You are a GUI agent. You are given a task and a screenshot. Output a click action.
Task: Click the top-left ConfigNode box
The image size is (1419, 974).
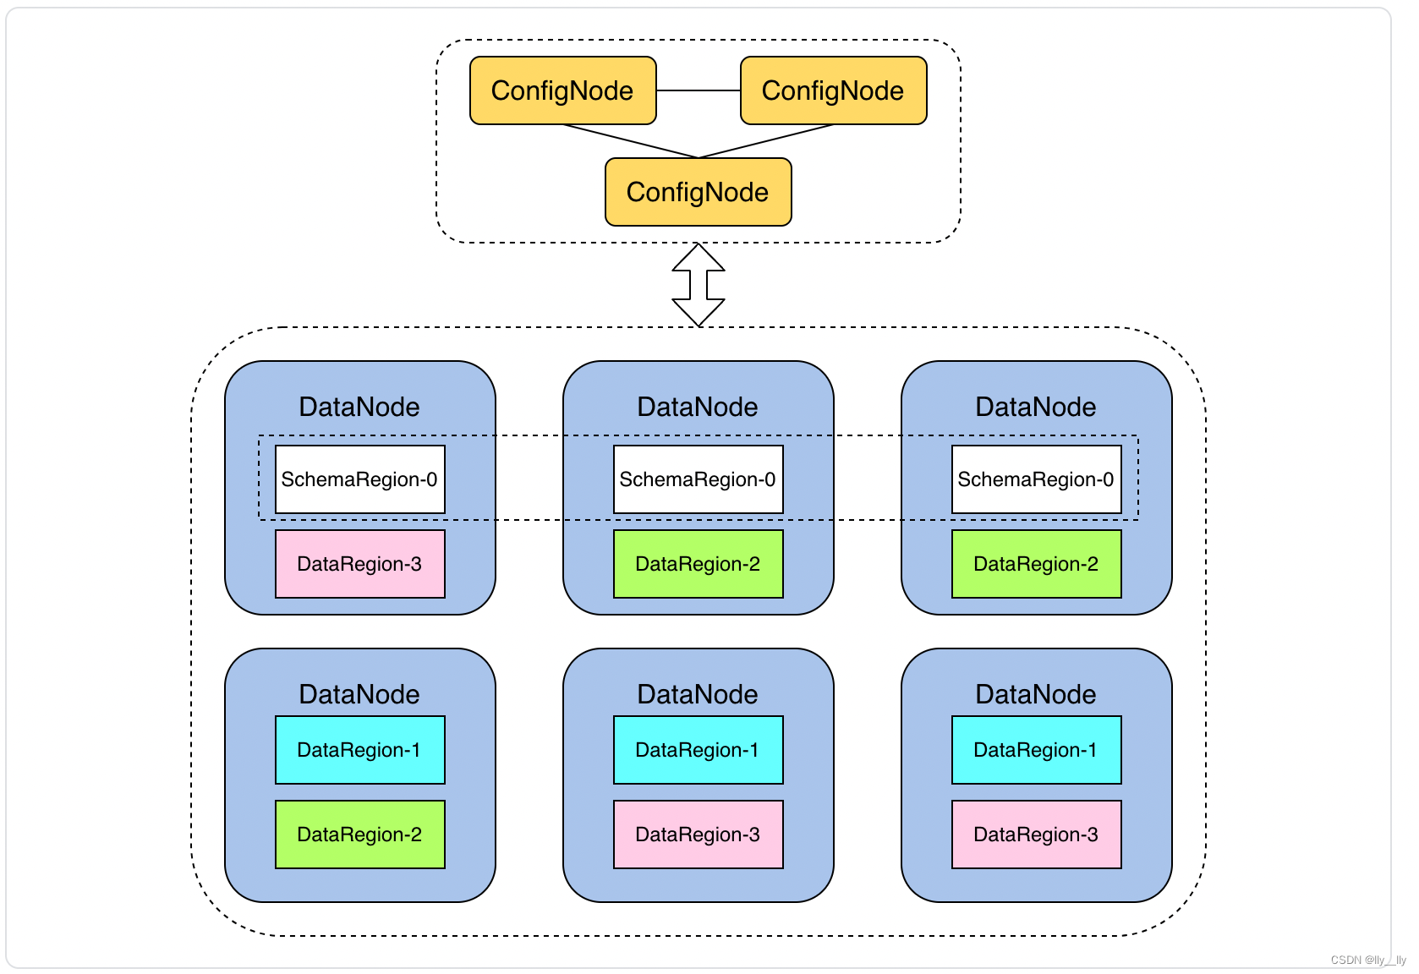coord(562,90)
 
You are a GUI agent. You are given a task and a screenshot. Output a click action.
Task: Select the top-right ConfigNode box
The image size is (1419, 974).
coord(833,90)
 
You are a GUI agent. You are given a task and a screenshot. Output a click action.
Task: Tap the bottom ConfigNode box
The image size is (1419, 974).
coord(698,192)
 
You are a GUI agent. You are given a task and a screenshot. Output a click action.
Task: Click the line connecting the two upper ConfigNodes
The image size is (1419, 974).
coord(698,90)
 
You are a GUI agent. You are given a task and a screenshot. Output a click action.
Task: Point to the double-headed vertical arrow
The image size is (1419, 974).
coord(699,285)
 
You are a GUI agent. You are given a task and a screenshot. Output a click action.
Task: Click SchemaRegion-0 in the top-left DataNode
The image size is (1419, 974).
coord(359,479)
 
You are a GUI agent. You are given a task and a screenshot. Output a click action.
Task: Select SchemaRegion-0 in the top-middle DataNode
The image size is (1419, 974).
coord(698,479)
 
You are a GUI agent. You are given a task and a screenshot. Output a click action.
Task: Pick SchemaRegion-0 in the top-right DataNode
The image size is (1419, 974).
coord(1036,479)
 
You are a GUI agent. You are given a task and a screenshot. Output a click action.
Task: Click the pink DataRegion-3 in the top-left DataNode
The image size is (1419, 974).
coord(359,564)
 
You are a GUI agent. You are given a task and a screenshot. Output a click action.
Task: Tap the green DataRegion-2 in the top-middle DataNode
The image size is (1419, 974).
coord(698,564)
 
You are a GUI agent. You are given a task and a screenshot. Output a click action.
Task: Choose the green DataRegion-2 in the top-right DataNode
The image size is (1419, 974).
coord(1036,564)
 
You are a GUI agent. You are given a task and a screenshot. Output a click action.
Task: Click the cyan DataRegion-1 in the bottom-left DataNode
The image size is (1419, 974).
coord(359,750)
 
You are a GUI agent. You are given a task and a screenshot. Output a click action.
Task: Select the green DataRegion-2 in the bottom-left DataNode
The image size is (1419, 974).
coord(359,834)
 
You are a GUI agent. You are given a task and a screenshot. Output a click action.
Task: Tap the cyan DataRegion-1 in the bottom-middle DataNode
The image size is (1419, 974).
coord(698,750)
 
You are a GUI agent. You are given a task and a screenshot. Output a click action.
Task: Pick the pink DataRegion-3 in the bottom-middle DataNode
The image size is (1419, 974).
coord(698,834)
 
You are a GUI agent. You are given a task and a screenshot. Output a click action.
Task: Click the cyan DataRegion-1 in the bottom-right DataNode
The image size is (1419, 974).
coord(1036,750)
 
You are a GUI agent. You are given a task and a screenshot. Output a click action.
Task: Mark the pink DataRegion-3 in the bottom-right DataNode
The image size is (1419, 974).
coord(1036,834)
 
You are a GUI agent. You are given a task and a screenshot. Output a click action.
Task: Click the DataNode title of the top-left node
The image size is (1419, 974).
coord(359,407)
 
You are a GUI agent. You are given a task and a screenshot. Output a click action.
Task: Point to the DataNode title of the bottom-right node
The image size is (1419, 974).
coord(1036,694)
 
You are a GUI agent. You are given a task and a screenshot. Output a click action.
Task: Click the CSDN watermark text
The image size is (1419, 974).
coord(1367,960)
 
